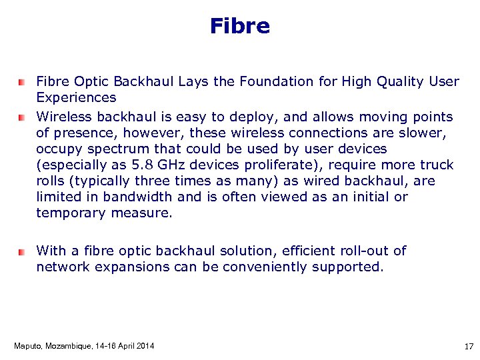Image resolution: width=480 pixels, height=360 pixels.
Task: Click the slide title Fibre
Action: click(x=239, y=26)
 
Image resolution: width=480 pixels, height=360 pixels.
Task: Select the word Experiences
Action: click(x=76, y=98)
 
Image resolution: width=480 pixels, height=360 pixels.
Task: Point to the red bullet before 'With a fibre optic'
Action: click(x=21, y=252)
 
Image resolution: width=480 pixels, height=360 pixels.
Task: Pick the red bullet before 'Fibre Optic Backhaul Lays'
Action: click(x=21, y=82)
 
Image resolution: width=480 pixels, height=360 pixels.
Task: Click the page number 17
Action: click(x=467, y=346)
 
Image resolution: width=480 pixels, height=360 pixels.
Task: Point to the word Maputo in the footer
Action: click(x=27, y=346)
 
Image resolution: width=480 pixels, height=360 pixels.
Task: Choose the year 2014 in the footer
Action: click(x=144, y=346)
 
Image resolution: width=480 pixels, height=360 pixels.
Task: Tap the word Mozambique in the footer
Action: click(x=67, y=346)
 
